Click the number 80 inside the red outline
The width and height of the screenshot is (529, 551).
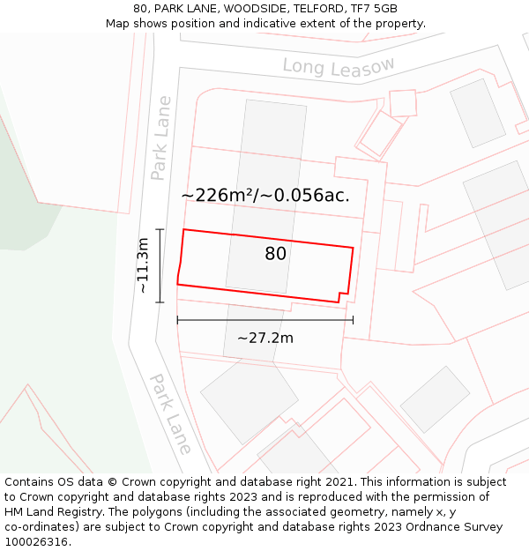(275, 254)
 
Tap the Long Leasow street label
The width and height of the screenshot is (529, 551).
(339, 66)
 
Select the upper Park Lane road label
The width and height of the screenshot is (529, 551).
(161, 138)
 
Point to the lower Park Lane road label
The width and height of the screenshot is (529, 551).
(169, 413)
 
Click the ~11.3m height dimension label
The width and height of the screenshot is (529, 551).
(143, 265)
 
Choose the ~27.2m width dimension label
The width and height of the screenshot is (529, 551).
(264, 338)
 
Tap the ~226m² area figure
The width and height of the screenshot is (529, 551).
(217, 196)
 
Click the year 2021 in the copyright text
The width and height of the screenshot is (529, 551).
(339, 482)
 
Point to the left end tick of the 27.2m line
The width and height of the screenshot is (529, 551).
(178, 320)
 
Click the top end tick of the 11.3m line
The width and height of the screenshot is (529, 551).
(160, 229)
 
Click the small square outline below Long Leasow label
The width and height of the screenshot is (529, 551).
(403, 103)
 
